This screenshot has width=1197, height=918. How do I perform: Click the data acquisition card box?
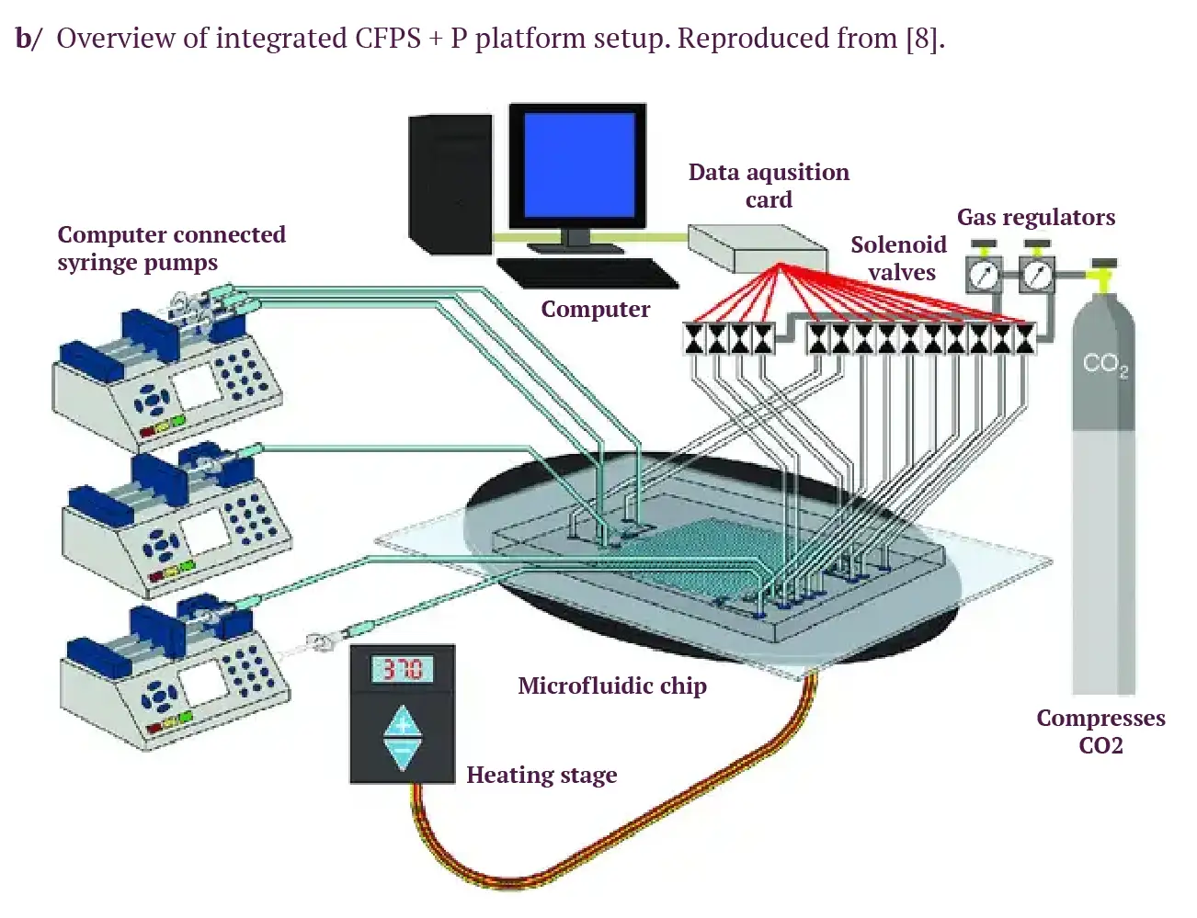click(756, 247)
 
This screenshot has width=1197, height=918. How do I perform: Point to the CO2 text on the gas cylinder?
click(1104, 364)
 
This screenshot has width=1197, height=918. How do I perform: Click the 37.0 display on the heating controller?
click(402, 669)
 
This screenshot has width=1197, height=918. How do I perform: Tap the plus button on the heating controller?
click(402, 722)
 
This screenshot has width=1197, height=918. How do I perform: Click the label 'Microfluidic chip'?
click(612, 686)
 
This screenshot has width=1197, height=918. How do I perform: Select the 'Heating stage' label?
click(541, 775)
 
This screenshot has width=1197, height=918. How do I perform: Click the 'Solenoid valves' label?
click(898, 258)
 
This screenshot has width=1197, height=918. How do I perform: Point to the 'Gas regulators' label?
click(1036, 217)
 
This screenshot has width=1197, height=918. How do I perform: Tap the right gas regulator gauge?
click(1037, 274)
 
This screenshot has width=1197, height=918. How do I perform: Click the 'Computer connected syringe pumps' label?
click(171, 248)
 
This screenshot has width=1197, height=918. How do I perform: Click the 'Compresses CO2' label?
click(1100, 731)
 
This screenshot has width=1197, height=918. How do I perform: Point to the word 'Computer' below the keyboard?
click(595, 309)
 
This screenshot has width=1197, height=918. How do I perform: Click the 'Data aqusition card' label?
click(769, 186)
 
